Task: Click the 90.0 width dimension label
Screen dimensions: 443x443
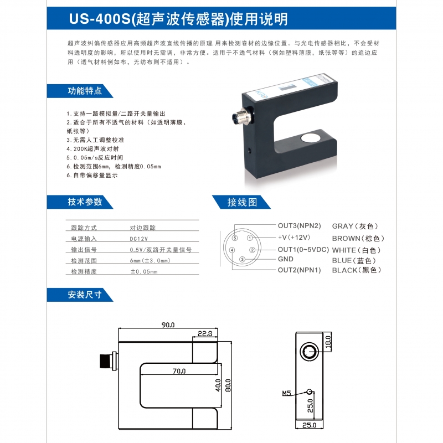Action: tap(168, 325)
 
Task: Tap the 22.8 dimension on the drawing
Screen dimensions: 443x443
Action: tap(205, 334)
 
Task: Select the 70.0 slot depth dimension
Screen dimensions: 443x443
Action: tap(179, 371)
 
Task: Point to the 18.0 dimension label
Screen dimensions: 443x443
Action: tap(328, 342)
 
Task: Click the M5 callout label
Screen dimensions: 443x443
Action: tap(286, 393)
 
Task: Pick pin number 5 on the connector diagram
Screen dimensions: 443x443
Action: tap(235, 238)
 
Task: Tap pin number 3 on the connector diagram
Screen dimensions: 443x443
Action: tap(242, 259)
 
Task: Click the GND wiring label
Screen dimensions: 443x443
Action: tap(286, 259)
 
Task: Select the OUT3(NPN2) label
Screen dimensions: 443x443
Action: tap(300, 226)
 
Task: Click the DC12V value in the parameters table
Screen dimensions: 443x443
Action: tap(139, 239)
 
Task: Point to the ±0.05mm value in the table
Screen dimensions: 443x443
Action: tap(144, 271)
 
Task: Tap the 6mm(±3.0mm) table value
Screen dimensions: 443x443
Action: tap(150, 260)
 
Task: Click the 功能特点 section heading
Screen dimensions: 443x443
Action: tap(85, 91)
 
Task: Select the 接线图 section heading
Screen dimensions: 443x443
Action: tap(242, 202)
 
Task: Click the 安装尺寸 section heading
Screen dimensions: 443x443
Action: tap(85, 295)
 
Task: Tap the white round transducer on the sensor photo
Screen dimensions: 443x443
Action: tap(310, 138)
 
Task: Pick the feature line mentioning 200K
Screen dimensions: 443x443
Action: tap(92, 149)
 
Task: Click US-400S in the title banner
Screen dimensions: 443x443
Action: tap(100, 19)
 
